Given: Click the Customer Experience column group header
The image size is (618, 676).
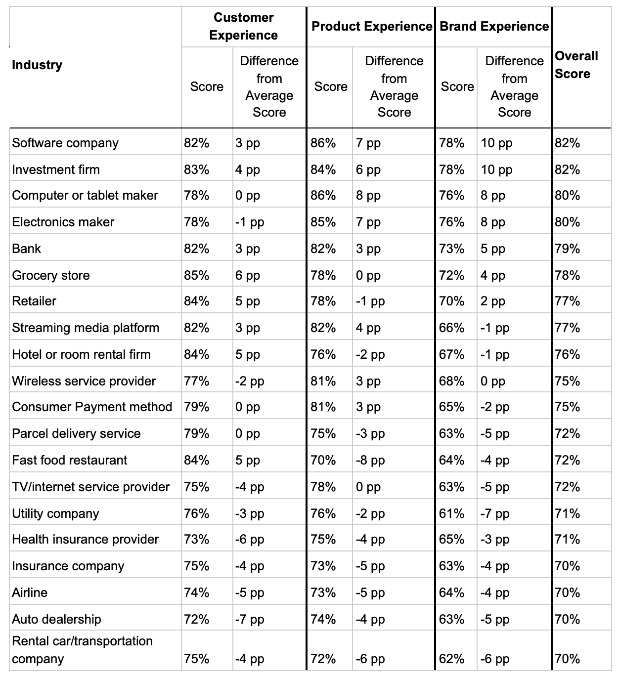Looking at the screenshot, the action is (x=243, y=26).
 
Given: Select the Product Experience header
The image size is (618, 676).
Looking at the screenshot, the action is (x=372, y=26).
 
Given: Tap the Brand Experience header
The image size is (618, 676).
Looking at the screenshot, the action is (x=494, y=26).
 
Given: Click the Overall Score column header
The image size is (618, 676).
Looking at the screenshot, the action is (x=576, y=65).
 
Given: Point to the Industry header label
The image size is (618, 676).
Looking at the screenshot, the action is (x=37, y=65).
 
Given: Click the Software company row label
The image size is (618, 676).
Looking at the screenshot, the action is (x=65, y=143).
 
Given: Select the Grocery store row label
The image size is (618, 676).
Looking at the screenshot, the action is (x=51, y=275).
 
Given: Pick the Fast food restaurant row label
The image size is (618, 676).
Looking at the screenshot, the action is (x=69, y=460).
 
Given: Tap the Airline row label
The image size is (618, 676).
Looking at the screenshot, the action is (x=30, y=592).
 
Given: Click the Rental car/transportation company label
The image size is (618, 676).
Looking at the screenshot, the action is (x=82, y=650).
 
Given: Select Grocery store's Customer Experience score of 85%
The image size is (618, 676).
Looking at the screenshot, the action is (x=197, y=275).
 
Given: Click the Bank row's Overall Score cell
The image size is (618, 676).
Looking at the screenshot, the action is (x=568, y=249).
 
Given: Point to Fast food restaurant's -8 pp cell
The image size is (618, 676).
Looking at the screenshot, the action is (x=370, y=460).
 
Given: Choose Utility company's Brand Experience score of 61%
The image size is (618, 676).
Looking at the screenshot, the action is (x=451, y=513).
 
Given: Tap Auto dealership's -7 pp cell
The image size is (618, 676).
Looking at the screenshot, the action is (x=250, y=619).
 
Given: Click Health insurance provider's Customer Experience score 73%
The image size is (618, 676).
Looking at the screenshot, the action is (x=197, y=539).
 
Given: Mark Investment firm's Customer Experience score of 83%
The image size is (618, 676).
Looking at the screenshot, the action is (x=197, y=169).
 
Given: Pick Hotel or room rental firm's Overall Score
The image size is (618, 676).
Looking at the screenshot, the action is (x=568, y=354).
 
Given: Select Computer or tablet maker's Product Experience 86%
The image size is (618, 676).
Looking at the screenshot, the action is (x=323, y=196).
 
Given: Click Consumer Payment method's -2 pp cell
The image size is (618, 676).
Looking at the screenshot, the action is (x=495, y=407).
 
